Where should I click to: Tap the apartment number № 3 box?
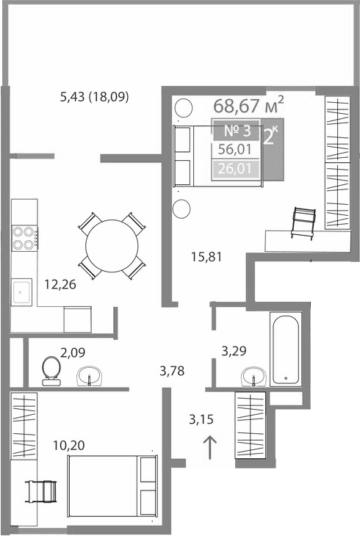(x=237, y=131)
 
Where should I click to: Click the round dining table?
(x=111, y=245)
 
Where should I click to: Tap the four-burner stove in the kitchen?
(x=25, y=236)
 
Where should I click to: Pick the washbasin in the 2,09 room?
(x=90, y=376)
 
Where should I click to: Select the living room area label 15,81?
(x=206, y=257)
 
